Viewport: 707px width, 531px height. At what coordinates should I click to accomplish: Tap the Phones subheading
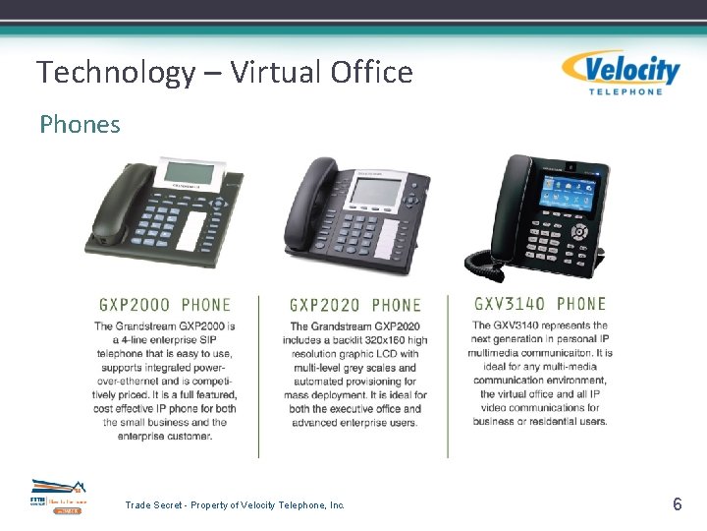[80, 125]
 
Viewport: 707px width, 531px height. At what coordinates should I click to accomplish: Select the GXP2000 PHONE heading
[165, 305]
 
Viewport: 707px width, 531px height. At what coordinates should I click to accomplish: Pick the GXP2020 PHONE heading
[355, 305]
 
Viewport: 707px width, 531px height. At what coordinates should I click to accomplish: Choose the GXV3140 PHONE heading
[540, 304]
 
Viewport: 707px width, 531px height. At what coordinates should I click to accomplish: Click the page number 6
[677, 504]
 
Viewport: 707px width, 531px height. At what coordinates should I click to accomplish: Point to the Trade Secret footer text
[235, 504]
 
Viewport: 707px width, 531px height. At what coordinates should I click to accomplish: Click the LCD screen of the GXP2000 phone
[189, 173]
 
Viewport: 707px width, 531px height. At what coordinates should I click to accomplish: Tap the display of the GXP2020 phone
[374, 191]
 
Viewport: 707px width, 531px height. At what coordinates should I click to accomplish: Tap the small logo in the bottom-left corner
[58, 497]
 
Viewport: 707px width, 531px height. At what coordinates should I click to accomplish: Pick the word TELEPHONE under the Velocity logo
[625, 91]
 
